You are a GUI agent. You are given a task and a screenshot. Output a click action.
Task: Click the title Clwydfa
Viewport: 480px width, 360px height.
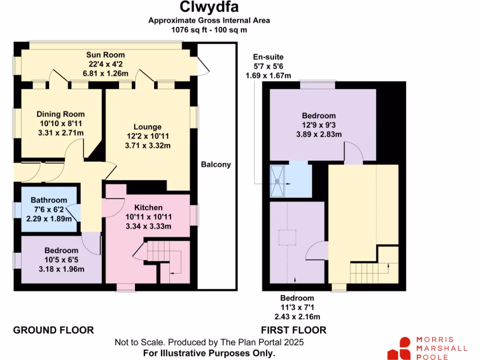[x=209, y=7]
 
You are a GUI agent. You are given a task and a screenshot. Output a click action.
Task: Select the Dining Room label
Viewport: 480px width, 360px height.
[x=61, y=114]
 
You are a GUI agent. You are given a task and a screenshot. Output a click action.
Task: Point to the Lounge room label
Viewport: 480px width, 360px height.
[x=147, y=127]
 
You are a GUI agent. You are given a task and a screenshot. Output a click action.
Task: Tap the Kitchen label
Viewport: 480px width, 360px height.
[x=149, y=208]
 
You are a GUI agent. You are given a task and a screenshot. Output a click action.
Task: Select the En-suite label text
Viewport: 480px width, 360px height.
[x=268, y=57]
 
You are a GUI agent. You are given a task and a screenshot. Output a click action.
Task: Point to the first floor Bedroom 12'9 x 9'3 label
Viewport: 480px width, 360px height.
[x=319, y=116]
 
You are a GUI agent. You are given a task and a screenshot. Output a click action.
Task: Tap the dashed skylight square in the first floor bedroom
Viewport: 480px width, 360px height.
[x=286, y=238]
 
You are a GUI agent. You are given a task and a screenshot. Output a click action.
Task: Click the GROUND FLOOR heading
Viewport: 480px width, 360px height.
[x=53, y=330]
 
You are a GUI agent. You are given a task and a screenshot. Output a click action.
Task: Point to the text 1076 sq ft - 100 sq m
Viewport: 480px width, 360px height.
[x=209, y=30]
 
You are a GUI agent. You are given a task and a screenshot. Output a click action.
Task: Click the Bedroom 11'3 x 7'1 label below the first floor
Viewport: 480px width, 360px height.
[x=297, y=298]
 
